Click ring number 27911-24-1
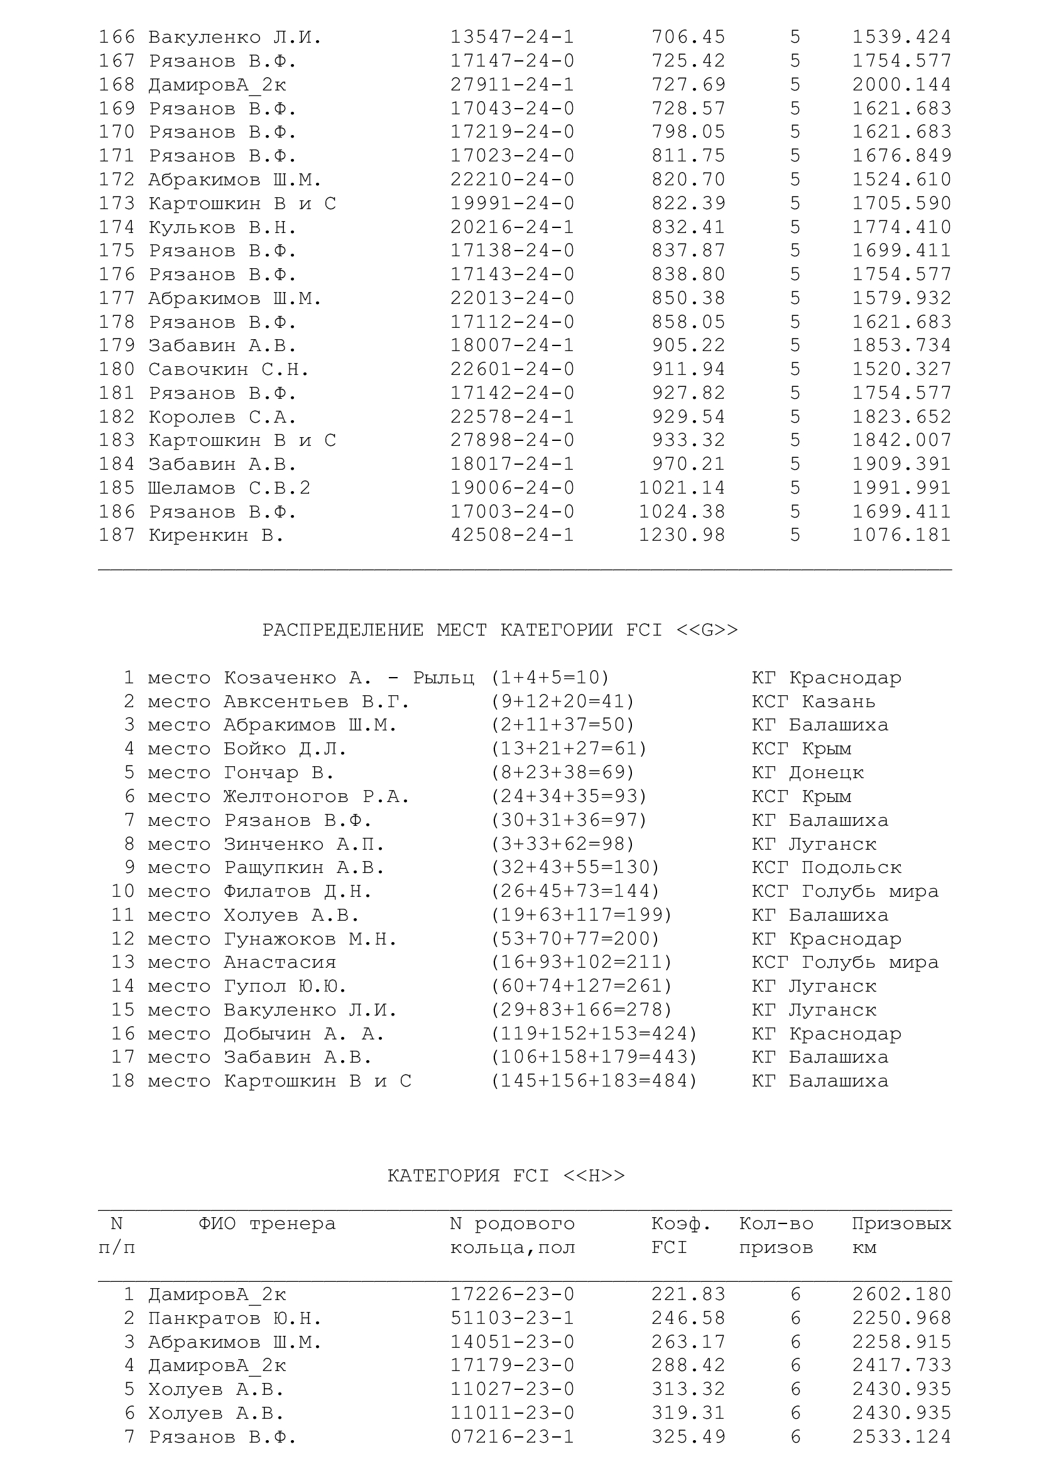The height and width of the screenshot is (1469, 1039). click(512, 84)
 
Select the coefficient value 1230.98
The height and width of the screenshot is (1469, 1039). click(682, 535)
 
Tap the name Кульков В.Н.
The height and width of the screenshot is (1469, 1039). click(222, 227)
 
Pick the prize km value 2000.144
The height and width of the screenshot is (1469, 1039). click(901, 84)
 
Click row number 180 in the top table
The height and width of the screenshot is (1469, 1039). click(116, 369)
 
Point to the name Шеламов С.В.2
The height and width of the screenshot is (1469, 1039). click(229, 488)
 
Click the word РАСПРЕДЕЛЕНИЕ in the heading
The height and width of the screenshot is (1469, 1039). click(342, 630)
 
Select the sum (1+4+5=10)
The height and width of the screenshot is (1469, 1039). click(550, 678)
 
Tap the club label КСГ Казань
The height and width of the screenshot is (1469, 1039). click(812, 702)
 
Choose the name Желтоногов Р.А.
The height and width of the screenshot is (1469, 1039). click(316, 796)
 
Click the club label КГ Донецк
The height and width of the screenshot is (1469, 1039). click(807, 773)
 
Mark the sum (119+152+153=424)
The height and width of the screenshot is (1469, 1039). click(594, 1034)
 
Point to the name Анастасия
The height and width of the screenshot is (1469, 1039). click(280, 962)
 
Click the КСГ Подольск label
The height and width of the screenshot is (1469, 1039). click(826, 867)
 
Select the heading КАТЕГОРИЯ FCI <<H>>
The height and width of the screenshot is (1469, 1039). click(506, 1176)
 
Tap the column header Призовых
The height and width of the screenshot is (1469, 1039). click(901, 1224)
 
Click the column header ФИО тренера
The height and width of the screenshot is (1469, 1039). click(266, 1224)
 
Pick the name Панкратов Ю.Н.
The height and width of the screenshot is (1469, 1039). click(235, 1318)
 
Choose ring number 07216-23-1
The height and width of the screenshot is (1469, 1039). click(512, 1437)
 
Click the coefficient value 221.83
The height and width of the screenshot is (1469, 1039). click(688, 1294)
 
